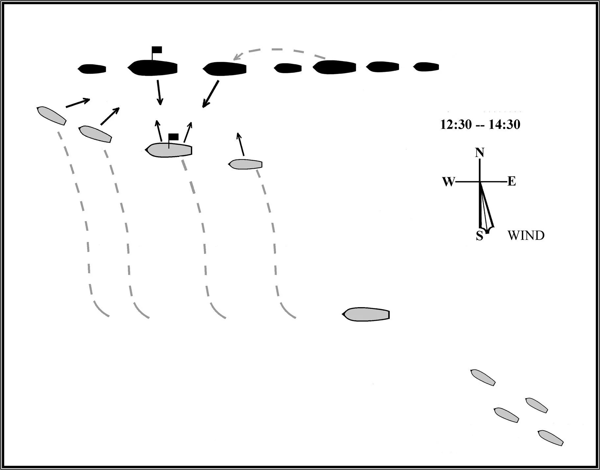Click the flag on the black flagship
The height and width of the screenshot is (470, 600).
pyautogui.click(x=157, y=50)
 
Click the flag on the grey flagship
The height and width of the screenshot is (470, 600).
pyautogui.click(x=173, y=137)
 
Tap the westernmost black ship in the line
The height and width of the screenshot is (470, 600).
pyautogui.click(x=92, y=69)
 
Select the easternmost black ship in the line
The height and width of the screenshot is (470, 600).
pyautogui.click(x=426, y=67)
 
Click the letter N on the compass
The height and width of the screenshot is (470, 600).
pyautogui.click(x=480, y=153)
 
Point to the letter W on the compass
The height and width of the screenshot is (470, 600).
pyautogui.click(x=448, y=182)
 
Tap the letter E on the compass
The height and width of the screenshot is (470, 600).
pyautogui.click(x=512, y=181)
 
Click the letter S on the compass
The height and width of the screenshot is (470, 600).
pyautogui.click(x=480, y=236)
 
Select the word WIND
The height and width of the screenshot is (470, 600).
pyautogui.click(x=526, y=235)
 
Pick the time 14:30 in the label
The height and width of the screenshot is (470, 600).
pyautogui.click(x=504, y=125)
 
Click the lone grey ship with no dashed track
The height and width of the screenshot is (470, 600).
pyautogui.click(x=366, y=314)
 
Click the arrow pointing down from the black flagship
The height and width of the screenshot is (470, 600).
pyautogui.click(x=159, y=93)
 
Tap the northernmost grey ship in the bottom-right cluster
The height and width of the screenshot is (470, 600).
pyautogui.click(x=483, y=377)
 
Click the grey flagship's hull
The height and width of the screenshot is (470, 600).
pyautogui.click(x=169, y=151)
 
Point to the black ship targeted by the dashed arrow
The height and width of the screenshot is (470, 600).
pyautogui.click(x=225, y=69)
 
